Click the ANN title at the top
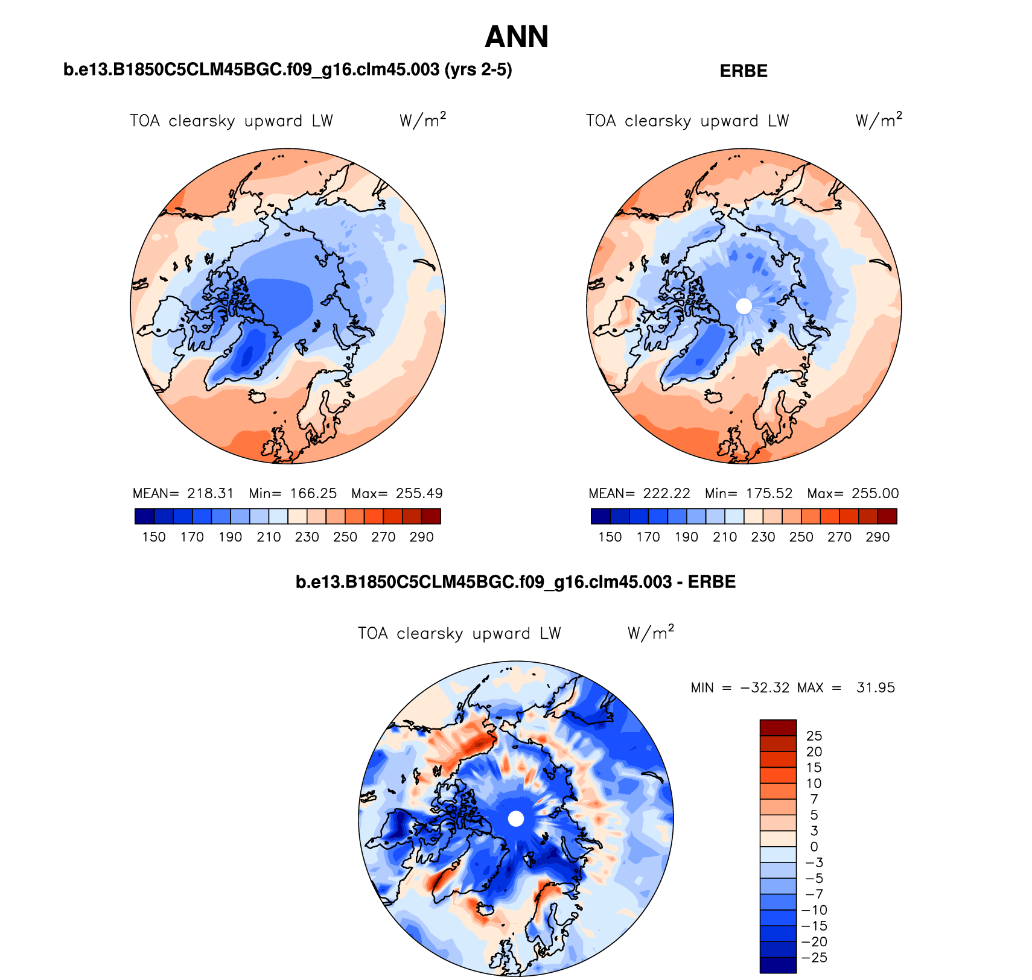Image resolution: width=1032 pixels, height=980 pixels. coord(517,37)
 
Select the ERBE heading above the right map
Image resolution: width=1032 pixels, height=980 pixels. coord(744,71)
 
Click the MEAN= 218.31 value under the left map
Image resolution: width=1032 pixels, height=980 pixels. coord(183,493)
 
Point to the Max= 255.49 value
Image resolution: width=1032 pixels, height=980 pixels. coord(397,493)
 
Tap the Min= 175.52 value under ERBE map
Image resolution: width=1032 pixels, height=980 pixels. coord(748,493)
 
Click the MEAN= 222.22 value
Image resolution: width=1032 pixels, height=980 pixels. coord(639,493)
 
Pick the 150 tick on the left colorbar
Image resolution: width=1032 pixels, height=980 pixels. coord(154,537)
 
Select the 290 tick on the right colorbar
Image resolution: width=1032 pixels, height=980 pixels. coord(878,537)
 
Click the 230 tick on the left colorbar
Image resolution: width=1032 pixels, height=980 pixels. coord(307,537)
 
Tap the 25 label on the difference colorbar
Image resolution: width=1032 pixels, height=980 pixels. coord(814,736)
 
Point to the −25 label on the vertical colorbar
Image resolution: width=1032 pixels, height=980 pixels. coord(814,958)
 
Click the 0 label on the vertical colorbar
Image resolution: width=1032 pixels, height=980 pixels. coord(814,847)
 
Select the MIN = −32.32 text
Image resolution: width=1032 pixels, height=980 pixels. coord(740,688)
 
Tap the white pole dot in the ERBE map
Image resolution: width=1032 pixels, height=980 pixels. coord(744,306)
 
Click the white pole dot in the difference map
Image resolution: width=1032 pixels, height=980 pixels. coord(516,818)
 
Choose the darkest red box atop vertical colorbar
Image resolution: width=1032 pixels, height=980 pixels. coord(778,727)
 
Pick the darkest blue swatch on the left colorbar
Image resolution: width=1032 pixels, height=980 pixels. coord(145,516)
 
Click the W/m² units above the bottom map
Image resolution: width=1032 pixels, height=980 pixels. coord(651,633)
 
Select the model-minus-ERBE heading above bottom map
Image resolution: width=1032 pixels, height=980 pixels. coord(515,582)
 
